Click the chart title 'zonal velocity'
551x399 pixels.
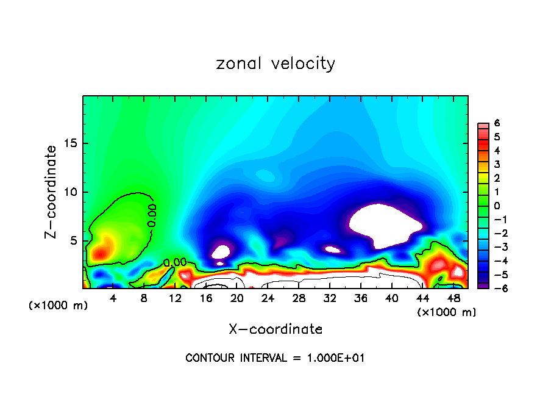click(x=275, y=63)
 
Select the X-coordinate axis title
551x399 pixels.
click(x=275, y=329)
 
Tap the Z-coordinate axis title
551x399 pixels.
click(x=53, y=192)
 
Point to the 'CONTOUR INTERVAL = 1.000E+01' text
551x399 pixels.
click(x=275, y=358)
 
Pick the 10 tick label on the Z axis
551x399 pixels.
click(x=71, y=192)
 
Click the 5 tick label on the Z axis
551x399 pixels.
click(x=74, y=240)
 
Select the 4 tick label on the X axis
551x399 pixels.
click(x=113, y=298)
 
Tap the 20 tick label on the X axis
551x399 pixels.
click(x=237, y=298)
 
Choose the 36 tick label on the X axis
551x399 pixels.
click(x=361, y=298)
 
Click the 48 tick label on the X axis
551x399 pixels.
click(x=453, y=298)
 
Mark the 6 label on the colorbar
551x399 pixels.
click(x=496, y=123)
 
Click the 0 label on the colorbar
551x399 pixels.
click(x=496, y=206)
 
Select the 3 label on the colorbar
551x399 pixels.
click(x=496, y=164)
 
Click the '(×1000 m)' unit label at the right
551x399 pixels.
click(x=447, y=312)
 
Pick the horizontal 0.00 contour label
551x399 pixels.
click(x=175, y=262)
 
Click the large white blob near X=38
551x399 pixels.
click(x=384, y=225)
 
